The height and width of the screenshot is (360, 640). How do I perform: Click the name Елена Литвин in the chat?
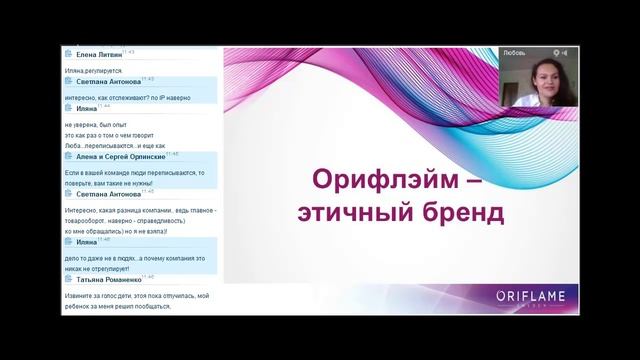coord(98,55)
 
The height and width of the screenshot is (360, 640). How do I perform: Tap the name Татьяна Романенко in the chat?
coord(109,281)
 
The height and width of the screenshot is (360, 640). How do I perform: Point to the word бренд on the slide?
coord(448,213)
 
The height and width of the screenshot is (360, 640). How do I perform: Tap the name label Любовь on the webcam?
coord(516,51)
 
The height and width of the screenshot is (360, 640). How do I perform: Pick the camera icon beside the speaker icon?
coord(565,51)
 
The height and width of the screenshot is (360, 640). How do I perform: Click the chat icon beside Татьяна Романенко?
coord(68,281)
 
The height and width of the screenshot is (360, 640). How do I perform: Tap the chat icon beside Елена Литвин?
coord(68,54)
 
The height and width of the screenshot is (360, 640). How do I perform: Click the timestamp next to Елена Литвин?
coord(130,52)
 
